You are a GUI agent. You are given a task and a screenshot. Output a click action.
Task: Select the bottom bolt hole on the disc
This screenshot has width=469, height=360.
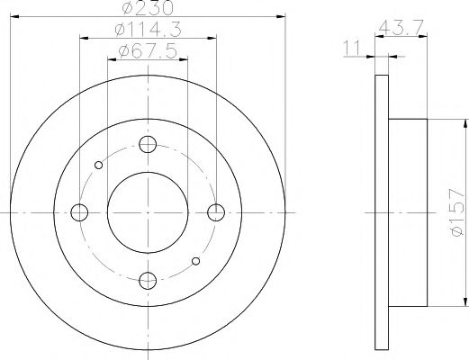click(x=149, y=279)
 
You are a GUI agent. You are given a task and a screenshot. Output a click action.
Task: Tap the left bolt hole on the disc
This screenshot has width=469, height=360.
click(x=81, y=212)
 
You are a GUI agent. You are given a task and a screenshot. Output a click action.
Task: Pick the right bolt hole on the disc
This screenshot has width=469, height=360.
click(x=215, y=212)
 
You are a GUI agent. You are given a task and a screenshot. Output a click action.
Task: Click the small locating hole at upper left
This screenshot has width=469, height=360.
click(x=100, y=164)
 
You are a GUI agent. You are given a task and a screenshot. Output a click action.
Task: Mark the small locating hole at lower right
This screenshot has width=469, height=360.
click(x=196, y=261)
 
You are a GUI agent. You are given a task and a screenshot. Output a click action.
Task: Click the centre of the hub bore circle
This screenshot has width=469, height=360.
click(x=149, y=212)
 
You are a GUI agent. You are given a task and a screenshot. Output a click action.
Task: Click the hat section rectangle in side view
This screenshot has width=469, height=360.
click(x=407, y=212)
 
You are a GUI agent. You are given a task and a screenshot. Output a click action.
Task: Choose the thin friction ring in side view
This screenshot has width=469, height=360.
click(x=380, y=212)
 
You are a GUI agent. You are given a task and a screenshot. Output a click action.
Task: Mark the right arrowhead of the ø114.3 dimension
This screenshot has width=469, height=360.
click(x=213, y=38)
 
